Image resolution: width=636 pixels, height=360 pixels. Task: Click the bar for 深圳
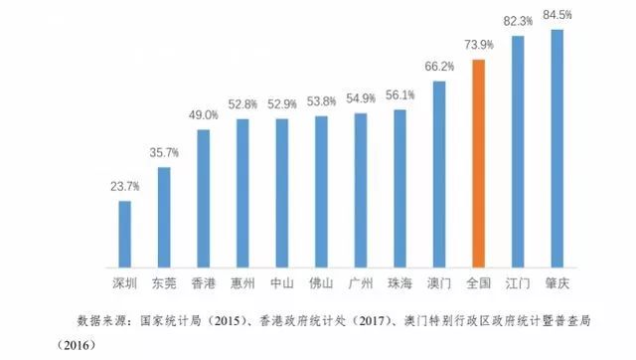(x=125, y=234)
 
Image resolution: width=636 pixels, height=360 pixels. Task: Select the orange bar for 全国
(x=478, y=163)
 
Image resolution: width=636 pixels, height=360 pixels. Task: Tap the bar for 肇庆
(x=556, y=148)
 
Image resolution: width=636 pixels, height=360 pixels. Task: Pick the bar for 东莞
(x=164, y=217)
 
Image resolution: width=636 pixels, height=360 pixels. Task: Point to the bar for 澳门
(x=439, y=174)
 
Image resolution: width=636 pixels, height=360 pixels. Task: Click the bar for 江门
(x=518, y=151)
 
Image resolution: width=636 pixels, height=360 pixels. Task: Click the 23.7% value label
(x=125, y=186)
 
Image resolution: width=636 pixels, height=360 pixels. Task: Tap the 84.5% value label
(x=556, y=14)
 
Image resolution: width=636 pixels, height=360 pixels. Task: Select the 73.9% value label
(x=479, y=45)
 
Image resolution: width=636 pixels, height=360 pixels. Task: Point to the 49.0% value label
(x=204, y=114)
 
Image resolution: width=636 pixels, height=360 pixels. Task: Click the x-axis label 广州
(x=361, y=282)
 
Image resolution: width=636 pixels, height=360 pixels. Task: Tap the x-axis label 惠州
(x=242, y=282)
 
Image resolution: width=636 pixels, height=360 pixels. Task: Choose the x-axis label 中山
(x=282, y=282)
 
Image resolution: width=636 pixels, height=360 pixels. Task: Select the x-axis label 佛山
(x=321, y=282)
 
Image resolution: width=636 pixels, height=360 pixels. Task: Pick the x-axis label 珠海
(x=399, y=282)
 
